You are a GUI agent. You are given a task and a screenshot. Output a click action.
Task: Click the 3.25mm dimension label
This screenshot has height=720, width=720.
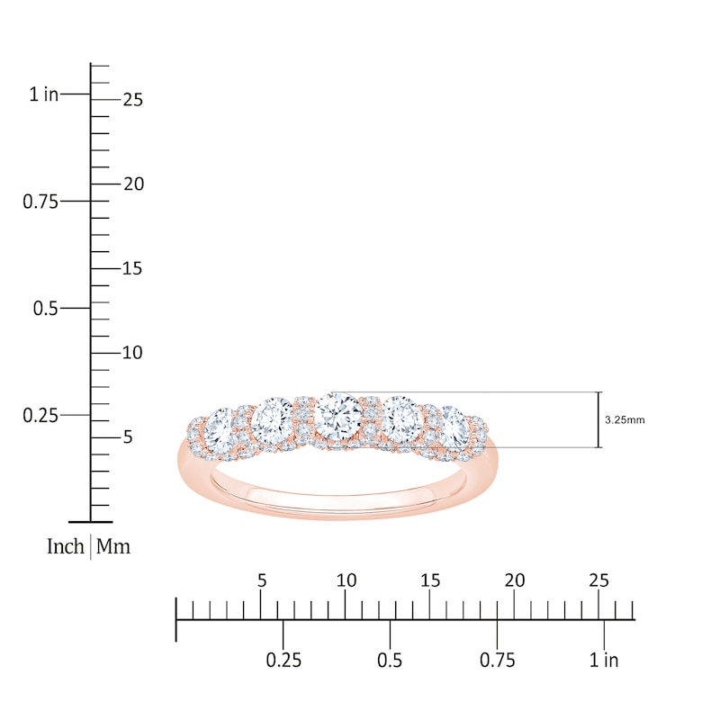point(625,419)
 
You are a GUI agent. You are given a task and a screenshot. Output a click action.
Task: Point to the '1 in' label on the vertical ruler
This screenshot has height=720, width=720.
point(43,94)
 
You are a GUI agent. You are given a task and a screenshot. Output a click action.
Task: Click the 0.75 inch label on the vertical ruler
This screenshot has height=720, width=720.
point(40,201)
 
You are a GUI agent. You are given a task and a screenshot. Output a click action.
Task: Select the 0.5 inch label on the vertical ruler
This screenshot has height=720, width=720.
point(47,308)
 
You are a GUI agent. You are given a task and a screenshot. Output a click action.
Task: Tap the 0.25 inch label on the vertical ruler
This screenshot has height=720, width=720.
point(40,415)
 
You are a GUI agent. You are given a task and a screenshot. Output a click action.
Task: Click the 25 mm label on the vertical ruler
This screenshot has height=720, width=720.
point(132,100)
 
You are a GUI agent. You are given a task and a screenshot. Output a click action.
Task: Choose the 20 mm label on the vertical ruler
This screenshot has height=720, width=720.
point(132,184)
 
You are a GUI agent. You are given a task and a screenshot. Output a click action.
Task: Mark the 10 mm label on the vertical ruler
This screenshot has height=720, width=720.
point(132,352)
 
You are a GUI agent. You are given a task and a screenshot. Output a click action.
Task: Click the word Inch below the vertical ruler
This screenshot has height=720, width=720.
point(66,546)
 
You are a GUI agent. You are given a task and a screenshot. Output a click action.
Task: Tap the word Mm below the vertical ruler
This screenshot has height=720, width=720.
point(112,546)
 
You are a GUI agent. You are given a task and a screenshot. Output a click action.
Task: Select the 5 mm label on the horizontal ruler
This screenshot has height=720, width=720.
point(262,580)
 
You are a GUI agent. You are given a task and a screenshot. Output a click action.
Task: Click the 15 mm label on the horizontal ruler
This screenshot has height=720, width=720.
point(430,580)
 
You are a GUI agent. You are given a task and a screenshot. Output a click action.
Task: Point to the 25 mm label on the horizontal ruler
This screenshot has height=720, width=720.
point(598,580)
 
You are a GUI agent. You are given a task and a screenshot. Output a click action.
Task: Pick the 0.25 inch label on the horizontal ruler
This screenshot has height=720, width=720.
point(283,661)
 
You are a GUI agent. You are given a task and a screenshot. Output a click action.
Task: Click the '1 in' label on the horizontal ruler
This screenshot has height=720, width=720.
point(604,661)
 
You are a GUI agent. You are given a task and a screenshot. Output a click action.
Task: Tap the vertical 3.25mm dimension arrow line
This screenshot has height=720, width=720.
point(599,419)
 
